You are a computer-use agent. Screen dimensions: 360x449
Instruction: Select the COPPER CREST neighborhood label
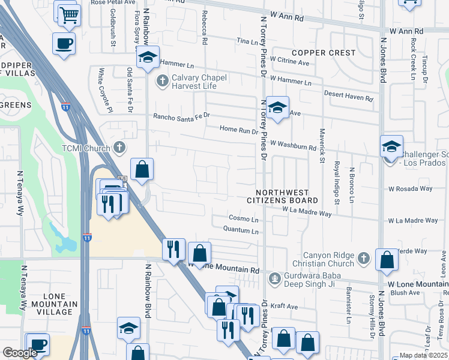pos(324,53)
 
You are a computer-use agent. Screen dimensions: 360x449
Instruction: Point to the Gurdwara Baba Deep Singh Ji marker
pos(275,278)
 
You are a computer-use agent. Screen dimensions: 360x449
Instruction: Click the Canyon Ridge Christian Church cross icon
pos(363,258)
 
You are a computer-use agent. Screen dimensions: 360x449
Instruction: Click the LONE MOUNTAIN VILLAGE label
pos(53,300)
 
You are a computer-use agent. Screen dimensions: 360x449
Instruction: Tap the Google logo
pos(20,353)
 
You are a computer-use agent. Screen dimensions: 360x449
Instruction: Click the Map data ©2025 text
pos(424,355)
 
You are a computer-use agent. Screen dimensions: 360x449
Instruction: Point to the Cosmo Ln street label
pos(243,218)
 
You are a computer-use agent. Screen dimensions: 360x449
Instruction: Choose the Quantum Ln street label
pos(240,229)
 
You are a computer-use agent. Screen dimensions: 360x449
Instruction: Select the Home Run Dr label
pos(238,129)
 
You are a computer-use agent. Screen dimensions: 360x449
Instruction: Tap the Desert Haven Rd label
pos(349,95)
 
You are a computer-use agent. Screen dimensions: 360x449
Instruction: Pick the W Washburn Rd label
pos(293,145)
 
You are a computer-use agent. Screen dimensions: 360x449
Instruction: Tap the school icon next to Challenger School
pos(391,147)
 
